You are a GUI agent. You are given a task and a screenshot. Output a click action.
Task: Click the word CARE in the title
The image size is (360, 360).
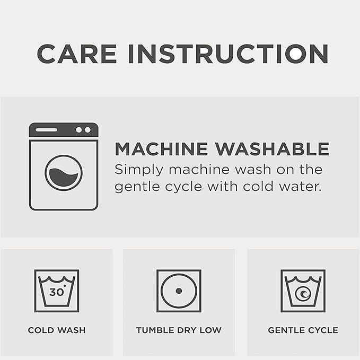[77, 54]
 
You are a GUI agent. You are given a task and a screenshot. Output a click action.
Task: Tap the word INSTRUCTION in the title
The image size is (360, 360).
[228, 54]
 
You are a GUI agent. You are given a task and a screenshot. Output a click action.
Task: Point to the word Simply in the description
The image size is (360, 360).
[139, 171]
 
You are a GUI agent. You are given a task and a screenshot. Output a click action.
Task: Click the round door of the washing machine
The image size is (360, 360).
[64, 173]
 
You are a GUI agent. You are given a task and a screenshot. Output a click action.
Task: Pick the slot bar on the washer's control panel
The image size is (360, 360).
[46, 130]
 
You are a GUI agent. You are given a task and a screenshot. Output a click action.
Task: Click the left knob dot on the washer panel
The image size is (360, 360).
[79, 130]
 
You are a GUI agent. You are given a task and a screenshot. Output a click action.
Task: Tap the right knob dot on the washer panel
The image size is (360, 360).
[87, 130]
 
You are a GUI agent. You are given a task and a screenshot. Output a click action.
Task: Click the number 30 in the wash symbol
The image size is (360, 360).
[56, 292]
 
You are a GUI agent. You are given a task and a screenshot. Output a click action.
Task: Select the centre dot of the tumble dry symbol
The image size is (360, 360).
[179, 291]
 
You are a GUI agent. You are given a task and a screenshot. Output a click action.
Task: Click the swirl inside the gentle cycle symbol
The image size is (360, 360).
[303, 294]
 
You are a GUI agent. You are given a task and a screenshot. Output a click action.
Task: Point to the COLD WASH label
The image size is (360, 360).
[57, 330]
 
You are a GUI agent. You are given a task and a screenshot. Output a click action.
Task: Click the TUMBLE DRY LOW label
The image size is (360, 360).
[179, 330]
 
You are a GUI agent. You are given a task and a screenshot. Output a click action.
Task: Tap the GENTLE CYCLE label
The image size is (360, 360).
[303, 330]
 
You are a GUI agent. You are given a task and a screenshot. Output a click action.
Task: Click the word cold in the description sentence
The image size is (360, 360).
[258, 186]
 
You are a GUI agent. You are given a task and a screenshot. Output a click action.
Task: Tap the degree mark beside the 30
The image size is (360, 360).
[65, 286]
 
